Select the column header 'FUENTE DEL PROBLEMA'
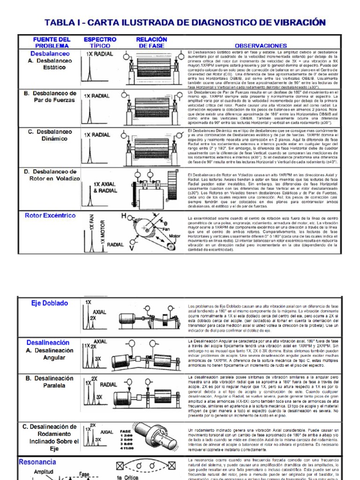click(52, 43)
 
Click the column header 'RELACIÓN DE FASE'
click(151, 43)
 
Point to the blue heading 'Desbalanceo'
click(50, 53)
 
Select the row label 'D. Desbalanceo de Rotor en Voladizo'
click(51, 175)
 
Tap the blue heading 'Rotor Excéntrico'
click(50, 216)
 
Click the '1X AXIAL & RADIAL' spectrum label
click(105, 187)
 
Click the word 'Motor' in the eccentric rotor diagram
click(174, 236)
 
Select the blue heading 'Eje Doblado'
click(50, 303)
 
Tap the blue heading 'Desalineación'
click(48, 343)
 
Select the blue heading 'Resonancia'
click(37, 462)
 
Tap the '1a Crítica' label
click(127, 477)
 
